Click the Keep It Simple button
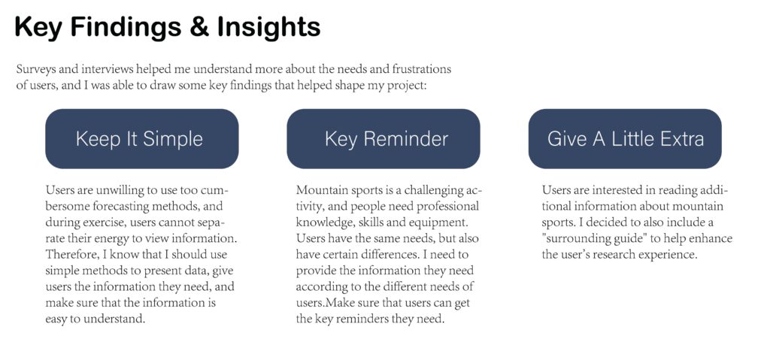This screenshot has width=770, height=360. click(x=142, y=138)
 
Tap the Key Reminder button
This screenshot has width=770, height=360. click(x=383, y=138)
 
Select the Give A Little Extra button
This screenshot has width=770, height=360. click(x=625, y=138)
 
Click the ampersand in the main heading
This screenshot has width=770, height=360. click(x=199, y=27)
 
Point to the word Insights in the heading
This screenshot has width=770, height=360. click(x=268, y=27)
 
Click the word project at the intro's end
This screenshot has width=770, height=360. click(x=408, y=86)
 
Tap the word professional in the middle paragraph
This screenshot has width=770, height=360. click(x=448, y=206)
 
